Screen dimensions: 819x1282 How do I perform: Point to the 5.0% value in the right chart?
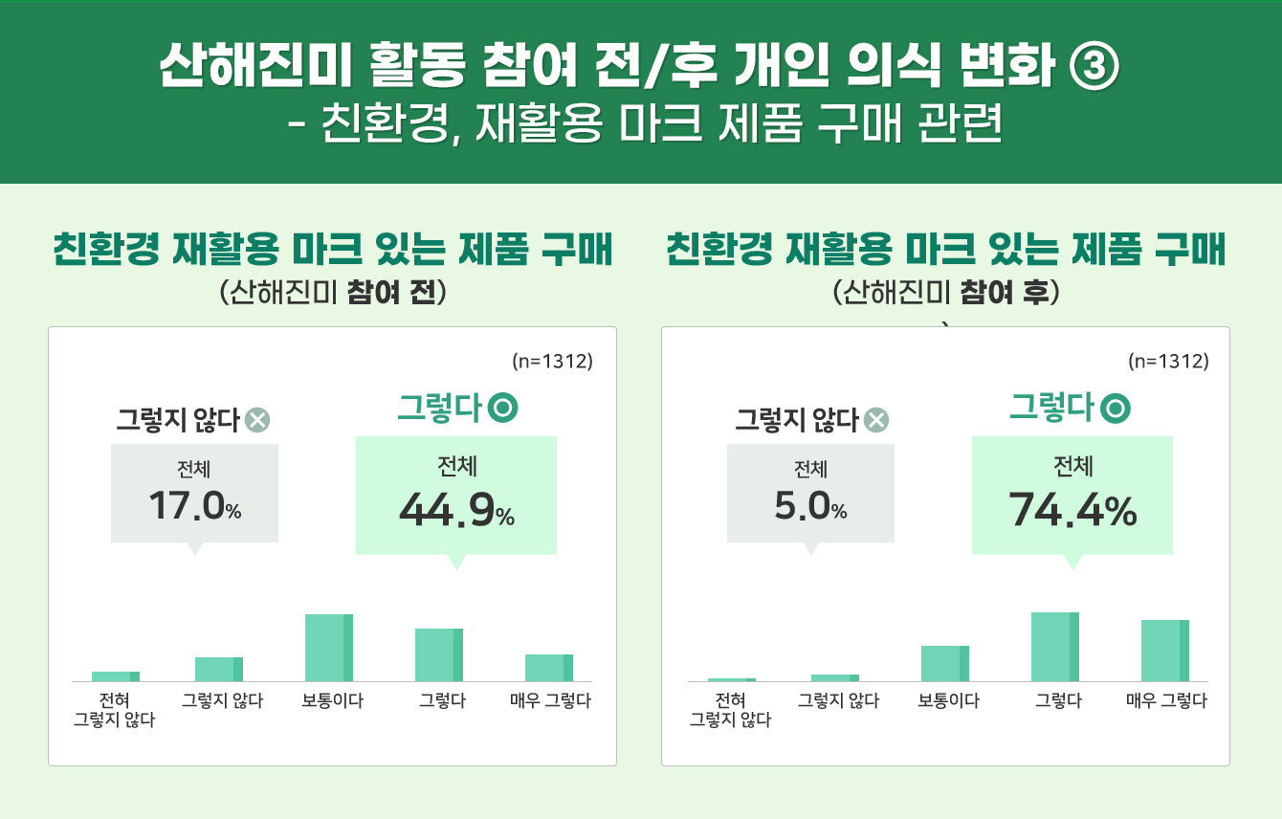point(810,506)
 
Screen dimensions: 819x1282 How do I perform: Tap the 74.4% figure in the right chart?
point(1072,512)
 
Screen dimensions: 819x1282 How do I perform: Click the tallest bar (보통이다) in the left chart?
point(329,648)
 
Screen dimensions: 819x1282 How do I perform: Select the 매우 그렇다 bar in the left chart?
point(549,668)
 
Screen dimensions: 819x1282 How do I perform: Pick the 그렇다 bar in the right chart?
point(1055,647)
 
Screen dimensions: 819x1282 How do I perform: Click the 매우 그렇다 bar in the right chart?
point(1165,651)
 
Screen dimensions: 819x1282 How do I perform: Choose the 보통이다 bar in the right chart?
point(945,663)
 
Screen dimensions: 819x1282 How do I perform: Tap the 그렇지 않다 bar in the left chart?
point(219,669)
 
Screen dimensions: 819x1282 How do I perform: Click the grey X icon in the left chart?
point(257,420)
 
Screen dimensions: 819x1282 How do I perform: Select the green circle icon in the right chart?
point(1116,409)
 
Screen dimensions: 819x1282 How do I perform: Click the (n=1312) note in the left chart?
point(552,362)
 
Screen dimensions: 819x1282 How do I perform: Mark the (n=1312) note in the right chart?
point(1168,362)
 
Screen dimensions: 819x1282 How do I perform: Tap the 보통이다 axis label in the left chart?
point(333,701)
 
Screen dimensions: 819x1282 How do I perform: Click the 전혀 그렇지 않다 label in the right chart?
point(730,711)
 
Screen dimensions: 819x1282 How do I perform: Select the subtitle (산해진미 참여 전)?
point(332,292)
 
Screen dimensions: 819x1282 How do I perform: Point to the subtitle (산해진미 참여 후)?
point(946,292)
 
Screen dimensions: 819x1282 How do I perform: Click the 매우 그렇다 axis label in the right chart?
point(1166,701)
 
